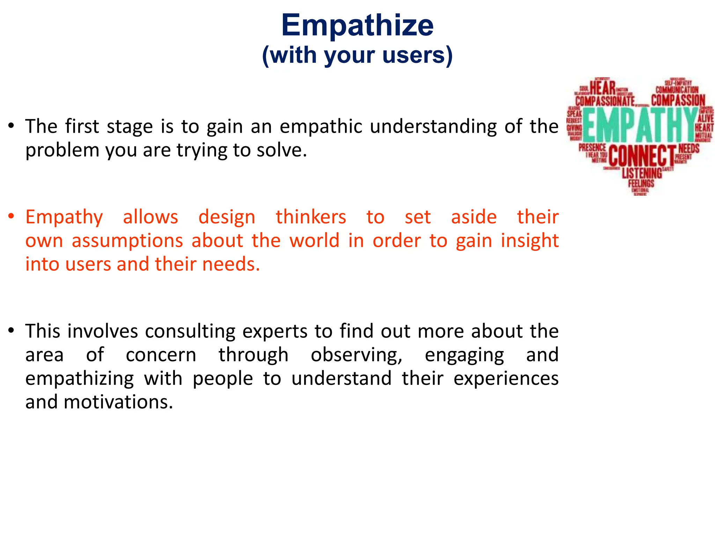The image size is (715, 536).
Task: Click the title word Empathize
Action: (357, 25)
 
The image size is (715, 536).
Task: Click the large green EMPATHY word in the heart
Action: (640, 125)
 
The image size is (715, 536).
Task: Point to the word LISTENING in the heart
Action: (642, 173)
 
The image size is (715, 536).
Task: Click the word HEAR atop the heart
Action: (603, 88)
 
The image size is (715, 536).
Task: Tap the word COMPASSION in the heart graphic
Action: (678, 100)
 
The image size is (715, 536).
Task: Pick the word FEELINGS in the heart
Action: (641, 183)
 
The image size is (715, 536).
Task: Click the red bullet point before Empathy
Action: (12, 216)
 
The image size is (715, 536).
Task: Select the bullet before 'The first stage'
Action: (12, 125)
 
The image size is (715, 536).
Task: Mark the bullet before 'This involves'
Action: (12, 330)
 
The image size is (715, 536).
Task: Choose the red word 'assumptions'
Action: (127, 240)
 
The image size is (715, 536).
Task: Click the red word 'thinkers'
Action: (311, 217)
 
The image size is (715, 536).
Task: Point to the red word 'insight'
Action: (530, 240)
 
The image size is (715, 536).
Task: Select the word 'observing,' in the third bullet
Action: (356, 355)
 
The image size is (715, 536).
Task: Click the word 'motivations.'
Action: (118, 402)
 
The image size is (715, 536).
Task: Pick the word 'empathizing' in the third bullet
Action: (80, 379)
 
